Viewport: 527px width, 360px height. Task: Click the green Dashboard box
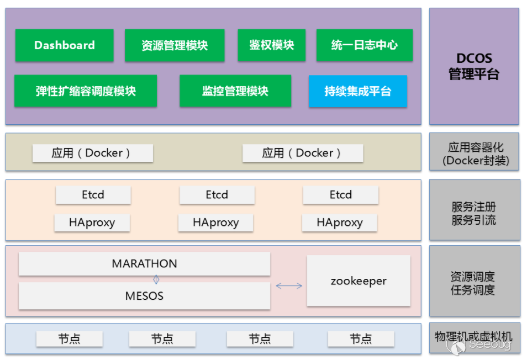pyautogui.click(x=64, y=45)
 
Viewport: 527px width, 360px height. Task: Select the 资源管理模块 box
pyautogui.click(x=175, y=45)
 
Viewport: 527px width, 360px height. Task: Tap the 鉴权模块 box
pyautogui.click(x=271, y=45)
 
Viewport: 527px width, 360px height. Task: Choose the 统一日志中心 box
pyautogui.click(x=364, y=45)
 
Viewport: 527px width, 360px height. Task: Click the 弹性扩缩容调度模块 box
pyautogui.click(x=86, y=91)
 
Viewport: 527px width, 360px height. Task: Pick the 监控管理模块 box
pyautogui.click(x=235, y=91)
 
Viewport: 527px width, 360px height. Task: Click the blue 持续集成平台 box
pyautogui.click(x=357, y=91)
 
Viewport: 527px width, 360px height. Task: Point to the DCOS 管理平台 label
pyautogui.click(x=474, y=66)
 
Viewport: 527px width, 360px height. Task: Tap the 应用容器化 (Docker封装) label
pyautogui.click(x=475, y=154)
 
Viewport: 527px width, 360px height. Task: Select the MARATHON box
pyautogui.click(x=144, y=264)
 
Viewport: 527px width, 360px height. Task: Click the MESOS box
pyautogui.click(x=144, y=296)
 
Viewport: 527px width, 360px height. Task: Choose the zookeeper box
pyautogui.click(x=359, y=281)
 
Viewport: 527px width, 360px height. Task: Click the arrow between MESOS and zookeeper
pyautogui.click(x=289, y=285)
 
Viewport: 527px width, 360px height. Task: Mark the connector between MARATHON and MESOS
pyautogui.click(x=156, y=279)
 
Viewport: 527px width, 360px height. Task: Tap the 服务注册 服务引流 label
pyautogui.click(x=474, y=214)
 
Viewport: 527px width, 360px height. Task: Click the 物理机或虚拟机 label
pyautogui.click(x=474, y=337)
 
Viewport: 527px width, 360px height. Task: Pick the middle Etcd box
pyautogui.click(x=217, y=195)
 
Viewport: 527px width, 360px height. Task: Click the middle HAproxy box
pyautogui.click(x=215, y=223)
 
